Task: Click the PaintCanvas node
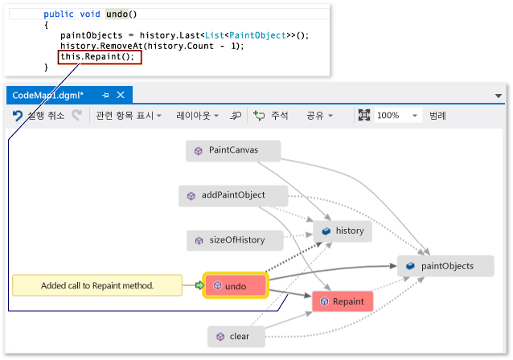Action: pos(233,151)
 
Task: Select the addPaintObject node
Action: pos(233,195)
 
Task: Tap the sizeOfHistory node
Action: pos(235,240)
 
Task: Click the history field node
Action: pos(343,231)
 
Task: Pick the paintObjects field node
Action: pos(445,266)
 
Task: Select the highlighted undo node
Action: pos(236,286)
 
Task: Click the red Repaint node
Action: pos(343,301)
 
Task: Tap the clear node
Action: pos(236,337)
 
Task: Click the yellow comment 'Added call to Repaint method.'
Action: pos(97,285)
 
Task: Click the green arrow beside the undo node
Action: pos(199,285)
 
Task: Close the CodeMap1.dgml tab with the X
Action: pos(121,95)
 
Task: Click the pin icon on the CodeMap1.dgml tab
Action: pos(105,95)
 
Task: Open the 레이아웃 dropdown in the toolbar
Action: pos(197,116)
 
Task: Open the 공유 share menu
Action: pos(319,116)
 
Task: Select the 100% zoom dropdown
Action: pos(397,116)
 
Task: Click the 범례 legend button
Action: pos(437,116)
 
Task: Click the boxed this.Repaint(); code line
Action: pos(100,57)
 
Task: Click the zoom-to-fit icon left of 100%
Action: pos(363,115)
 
